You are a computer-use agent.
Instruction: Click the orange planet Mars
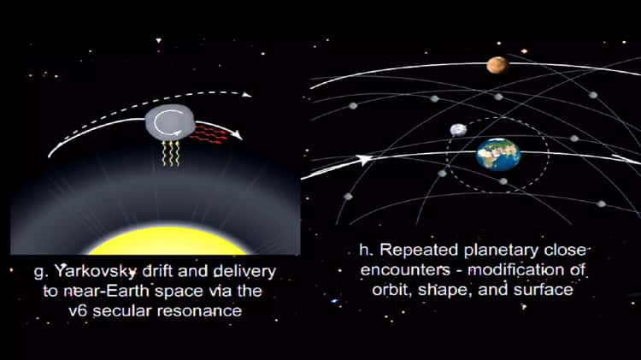497,65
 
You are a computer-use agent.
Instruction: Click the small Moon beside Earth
459,130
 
